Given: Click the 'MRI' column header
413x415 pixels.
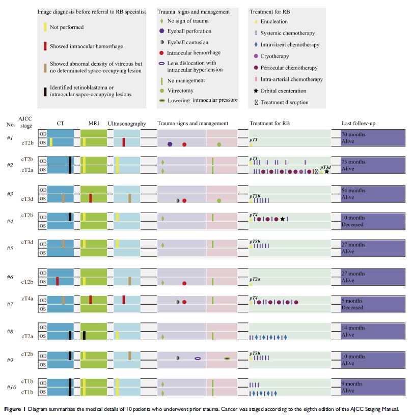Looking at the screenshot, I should [x=93, y=124].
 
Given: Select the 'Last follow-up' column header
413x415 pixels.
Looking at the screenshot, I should [x=360, y=124].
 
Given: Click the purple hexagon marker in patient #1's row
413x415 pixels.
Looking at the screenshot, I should [x=170, y=144].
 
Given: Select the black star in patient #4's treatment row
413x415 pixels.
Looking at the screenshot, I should [x=282, y=219].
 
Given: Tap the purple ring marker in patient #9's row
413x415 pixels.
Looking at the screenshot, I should [x=198, y=359].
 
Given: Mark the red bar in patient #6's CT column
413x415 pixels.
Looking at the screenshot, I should [x=57, y=281].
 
